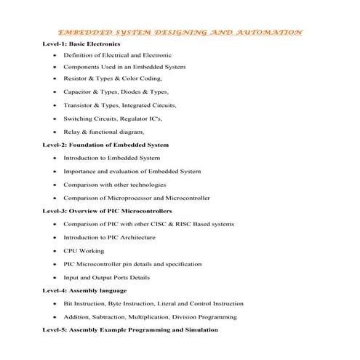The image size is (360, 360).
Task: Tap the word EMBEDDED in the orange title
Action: point(81,32)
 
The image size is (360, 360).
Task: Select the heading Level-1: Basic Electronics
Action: point(82,44)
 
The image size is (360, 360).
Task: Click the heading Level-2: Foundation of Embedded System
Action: point(105,145)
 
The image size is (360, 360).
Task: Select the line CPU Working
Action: point(84,251)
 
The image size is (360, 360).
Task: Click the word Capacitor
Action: point(79,92)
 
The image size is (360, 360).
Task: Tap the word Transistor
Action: point(79,105)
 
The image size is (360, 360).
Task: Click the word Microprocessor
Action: point(129,198)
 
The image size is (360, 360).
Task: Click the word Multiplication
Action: point(169,316)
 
